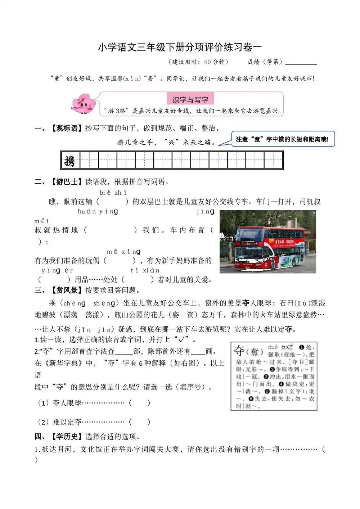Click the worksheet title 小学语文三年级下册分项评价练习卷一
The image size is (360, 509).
pyautogui.click(x=180, y=47)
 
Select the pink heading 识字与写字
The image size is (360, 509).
pyautogui.click(x=190, y=100)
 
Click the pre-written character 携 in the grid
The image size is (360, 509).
pyautogui.click(x=70, y=161)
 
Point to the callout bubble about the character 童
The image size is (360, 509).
pyautogui.click(x=283, y=139)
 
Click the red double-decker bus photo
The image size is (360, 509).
pyautogui.click(x=267, y=242)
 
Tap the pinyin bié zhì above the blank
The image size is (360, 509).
pyautogui.click(x=113, y=193)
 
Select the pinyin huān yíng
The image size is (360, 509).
pyautogui.click(x=98, y=212)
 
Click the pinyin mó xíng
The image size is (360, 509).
pyautogui.click(x=123, y=252)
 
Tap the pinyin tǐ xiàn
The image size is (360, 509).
pyautogui.click(x=145, y=270)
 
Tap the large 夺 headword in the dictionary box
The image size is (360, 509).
pyautogui.click(x=239, y=350)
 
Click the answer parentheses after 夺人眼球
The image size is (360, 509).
pyautogui.click(x=139, y=403)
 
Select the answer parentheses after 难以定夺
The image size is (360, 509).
pyautogui.click(x=139, y=422)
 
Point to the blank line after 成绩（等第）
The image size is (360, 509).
pyautogui.click(x=301, y=63)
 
